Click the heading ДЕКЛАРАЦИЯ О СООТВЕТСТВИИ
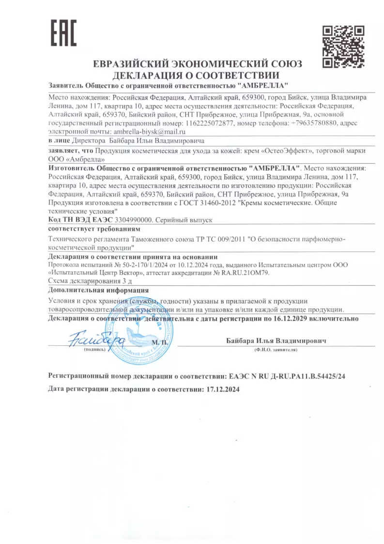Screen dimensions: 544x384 pos(196,75)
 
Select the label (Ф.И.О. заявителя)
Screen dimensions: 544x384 pos(276,349)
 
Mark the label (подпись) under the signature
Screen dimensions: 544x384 pos(94,349)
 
